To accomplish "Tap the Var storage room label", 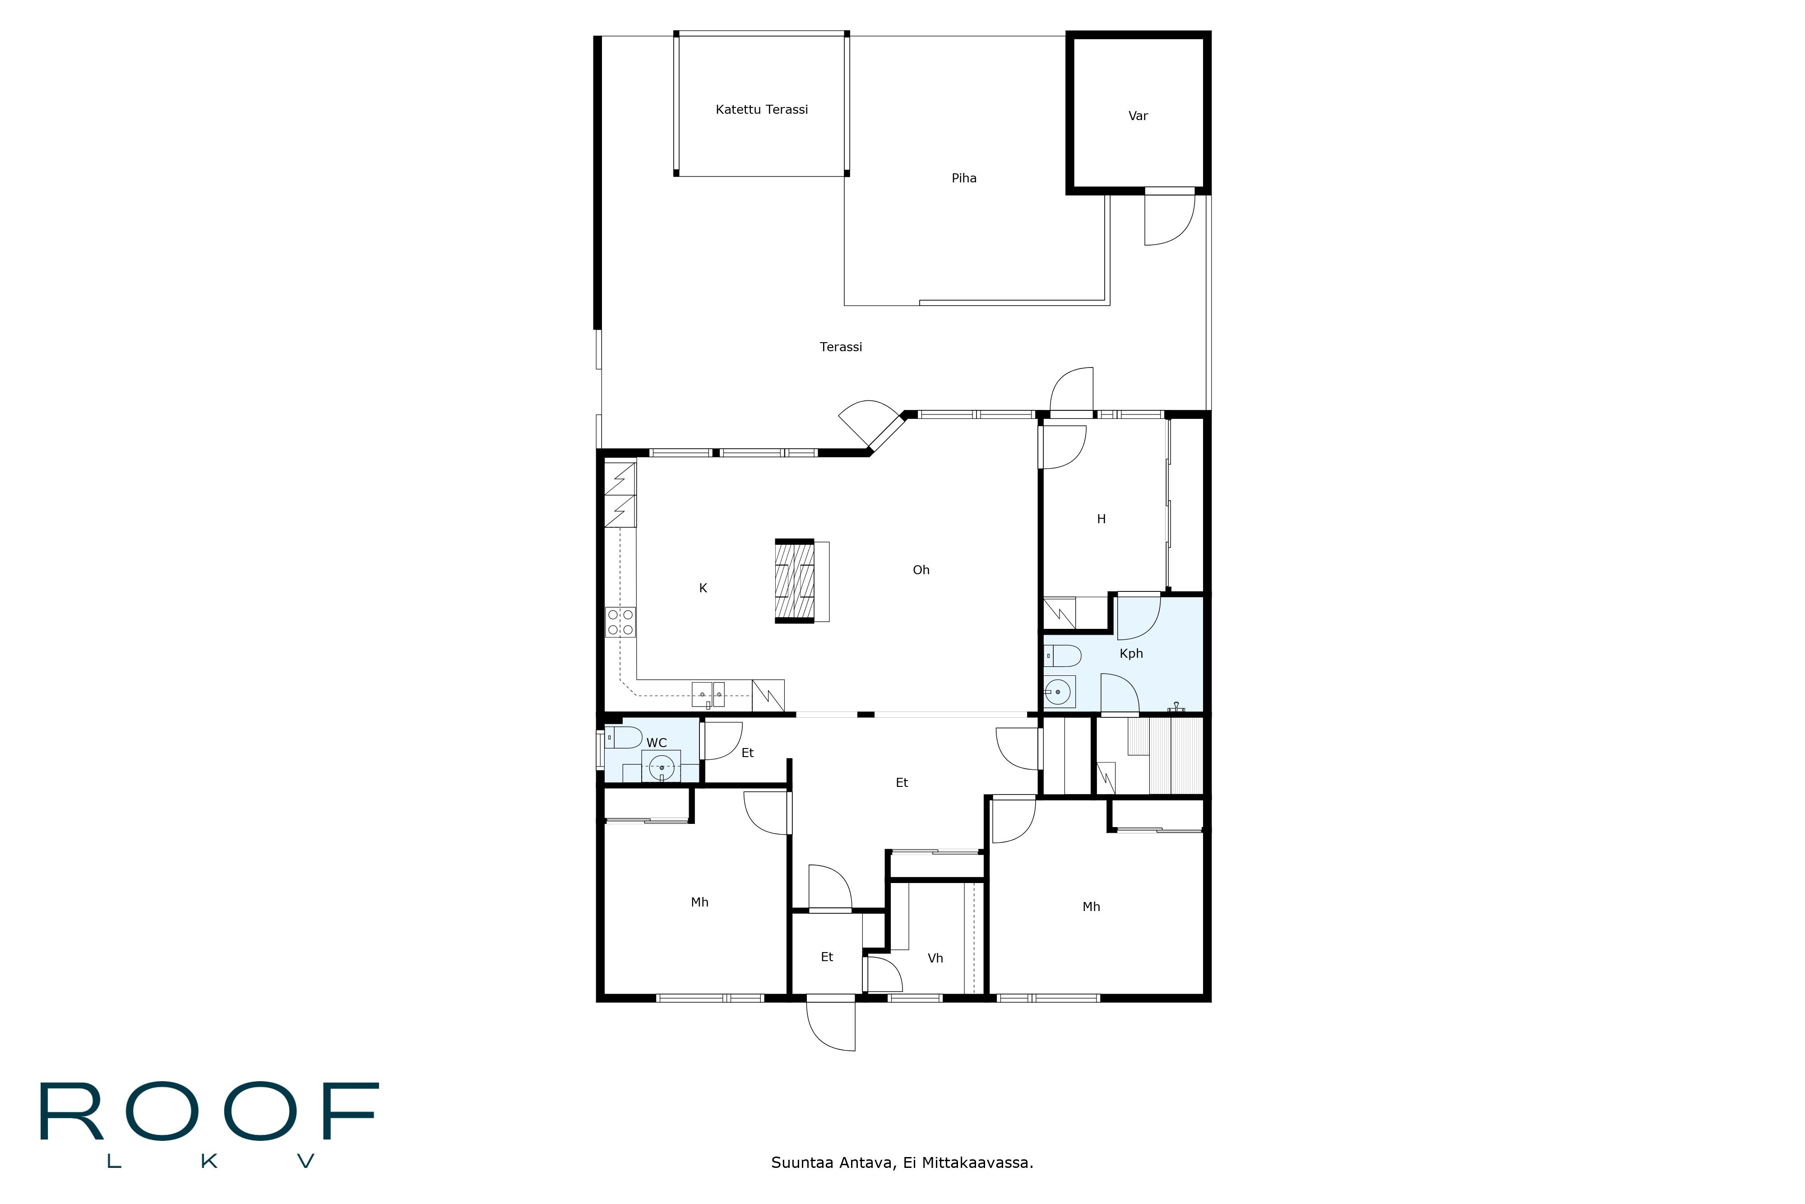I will (x=1137, y=116).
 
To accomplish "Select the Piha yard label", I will (x=964, y=178).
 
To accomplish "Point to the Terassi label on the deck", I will (x=840, y=347).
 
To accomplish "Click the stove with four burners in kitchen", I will (x=620, y=622).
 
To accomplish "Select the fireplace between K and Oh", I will (x=794, y=581).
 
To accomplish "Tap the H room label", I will (x=1101, y=519).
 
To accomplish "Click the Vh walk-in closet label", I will (x=935, y=958).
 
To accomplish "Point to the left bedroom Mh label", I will (x=699, y=902).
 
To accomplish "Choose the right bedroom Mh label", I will (x=1091, y=907).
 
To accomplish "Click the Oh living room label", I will (x=921, y=570).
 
